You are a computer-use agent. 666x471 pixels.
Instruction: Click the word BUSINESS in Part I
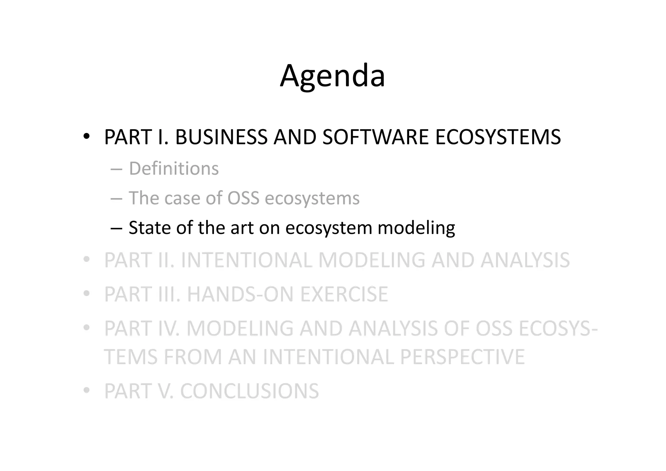point(221,137)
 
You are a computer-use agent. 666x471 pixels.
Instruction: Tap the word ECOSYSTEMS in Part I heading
point(498,137)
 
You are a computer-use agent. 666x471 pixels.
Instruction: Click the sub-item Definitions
point(174,169)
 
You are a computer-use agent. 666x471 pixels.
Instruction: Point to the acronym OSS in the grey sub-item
point(243,198)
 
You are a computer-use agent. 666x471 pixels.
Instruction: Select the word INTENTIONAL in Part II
point(246,260)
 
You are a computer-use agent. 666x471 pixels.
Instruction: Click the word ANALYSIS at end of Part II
point(525,260)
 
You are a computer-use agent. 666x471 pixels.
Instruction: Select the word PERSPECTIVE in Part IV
point(462,357)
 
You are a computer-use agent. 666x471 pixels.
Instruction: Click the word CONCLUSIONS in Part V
point(249,391)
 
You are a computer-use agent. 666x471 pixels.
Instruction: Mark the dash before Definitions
point(116,169)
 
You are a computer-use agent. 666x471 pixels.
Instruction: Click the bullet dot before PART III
point(86,293)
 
